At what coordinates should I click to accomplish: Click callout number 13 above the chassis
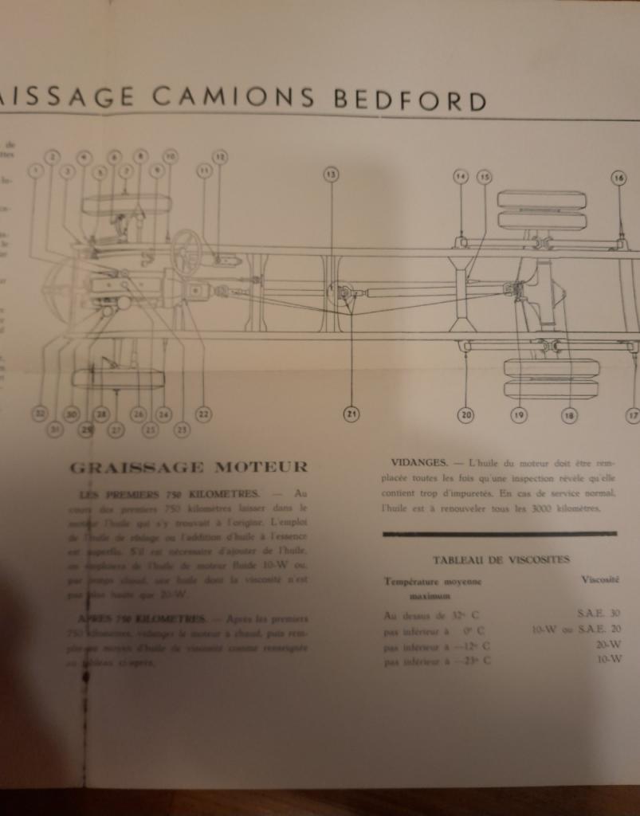coord(331,174)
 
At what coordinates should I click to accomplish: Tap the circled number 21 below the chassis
coord(351,413)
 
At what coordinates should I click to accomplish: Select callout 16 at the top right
coord(619,178)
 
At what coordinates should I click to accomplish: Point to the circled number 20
coord(465,414)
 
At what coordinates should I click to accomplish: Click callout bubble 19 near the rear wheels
coord(519,414)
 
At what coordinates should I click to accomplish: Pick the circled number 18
coord(569,414)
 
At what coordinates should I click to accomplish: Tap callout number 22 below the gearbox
coord(203,414)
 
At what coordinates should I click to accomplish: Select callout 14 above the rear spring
coord(461,177)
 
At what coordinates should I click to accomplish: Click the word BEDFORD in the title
coord(410,101)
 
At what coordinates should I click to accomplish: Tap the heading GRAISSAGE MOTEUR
coord(188,467)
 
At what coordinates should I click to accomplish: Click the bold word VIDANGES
coord(417,462)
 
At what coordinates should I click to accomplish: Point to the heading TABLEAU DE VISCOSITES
coord(501,559)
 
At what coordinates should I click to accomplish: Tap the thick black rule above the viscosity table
coord(499,534)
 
